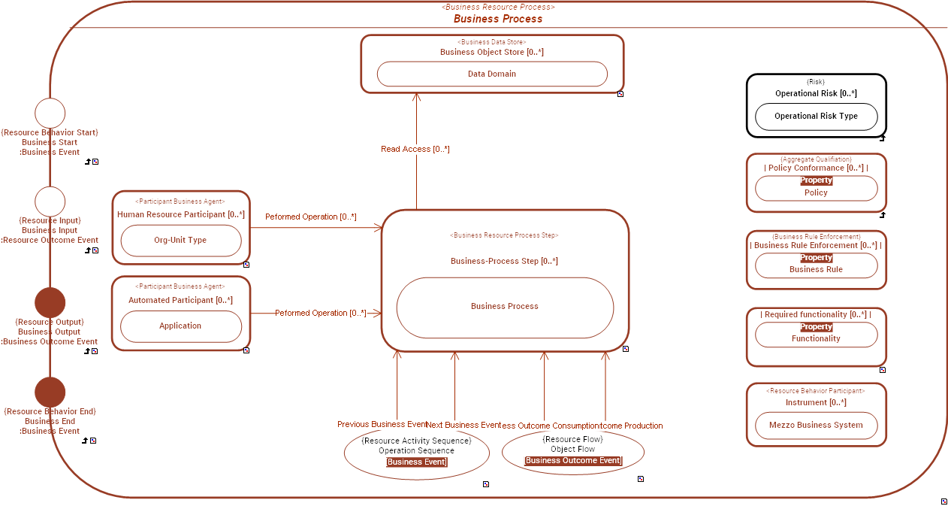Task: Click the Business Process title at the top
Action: tap(497, 19)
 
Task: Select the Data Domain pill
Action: tap(492, 74)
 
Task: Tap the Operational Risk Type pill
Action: tap(816, 117)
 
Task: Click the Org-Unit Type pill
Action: tap(180, 241)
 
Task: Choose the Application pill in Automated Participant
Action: tap(180, 326)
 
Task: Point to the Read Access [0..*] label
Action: tap(415, 149)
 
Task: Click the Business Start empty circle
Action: tap(50, 113)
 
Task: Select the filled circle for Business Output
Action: tap(50, 302)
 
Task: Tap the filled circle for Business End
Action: tap(50, 392)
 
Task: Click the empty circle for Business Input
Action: tap(50, 201)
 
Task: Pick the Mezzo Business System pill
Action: tap(816, 426)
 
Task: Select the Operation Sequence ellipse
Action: tap(416, 452)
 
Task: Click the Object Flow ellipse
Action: tap(572, 452)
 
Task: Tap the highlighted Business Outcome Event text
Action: tap(573, 461)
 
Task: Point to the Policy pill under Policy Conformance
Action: tap(816, 189)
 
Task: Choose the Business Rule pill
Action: tap(816, 265)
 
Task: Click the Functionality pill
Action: tap(816, 335)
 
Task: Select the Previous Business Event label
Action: tap(382, 425)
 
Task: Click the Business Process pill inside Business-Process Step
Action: tap(505, 307)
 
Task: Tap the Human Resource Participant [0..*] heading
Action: tap(180, 215)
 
